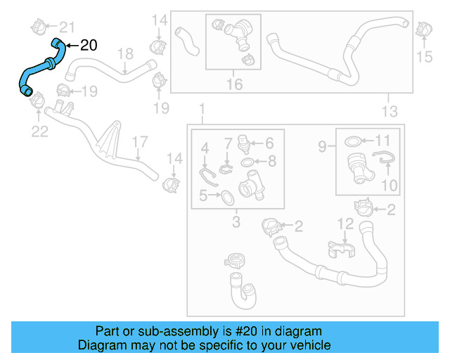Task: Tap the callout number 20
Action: [89, 46]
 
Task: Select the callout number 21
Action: [66, 27]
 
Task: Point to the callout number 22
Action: [39, 130]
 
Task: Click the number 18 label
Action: [124, 53]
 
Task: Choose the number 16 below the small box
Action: [234, 84]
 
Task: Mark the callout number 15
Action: [424, 56]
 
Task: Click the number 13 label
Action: [389, 111]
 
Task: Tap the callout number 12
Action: [345, 224]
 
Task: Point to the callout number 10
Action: [389, 186]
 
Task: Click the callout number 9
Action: [322, 147]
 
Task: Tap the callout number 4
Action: [205, 148]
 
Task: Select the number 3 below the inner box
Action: [236, 223]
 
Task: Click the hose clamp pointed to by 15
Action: [423, 31]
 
